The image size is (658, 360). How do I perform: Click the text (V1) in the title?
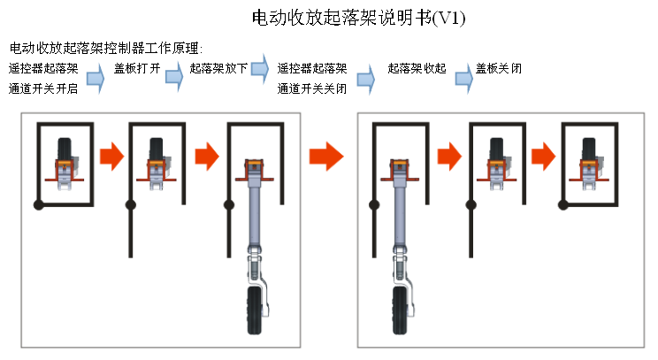[448, 18]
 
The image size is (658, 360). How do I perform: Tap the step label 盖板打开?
[137, 67]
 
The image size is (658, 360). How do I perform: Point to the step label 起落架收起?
[417, 67]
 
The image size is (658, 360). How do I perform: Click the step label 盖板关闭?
[498, 67]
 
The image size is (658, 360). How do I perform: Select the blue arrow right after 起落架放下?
[260, 65]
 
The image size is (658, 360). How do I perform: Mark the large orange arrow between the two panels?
[325, 157]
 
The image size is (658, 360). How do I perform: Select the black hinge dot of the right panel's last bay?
[562, 204]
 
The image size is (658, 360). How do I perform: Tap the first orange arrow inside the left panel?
[111, 157]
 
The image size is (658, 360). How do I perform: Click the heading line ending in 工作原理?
[106, 48]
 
